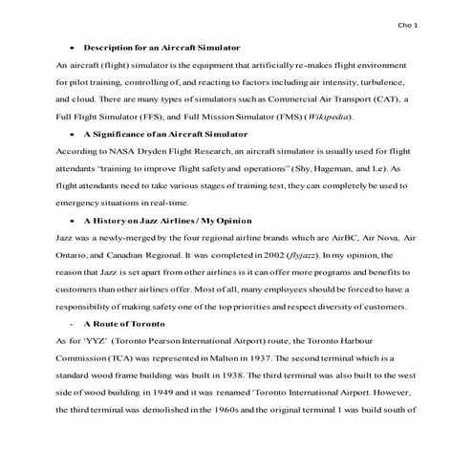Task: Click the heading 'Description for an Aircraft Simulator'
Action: click(x=161, y=47)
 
